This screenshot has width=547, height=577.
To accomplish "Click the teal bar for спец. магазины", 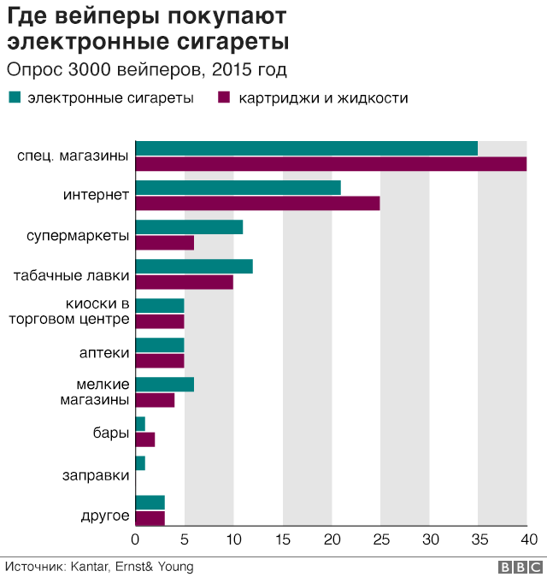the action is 307,148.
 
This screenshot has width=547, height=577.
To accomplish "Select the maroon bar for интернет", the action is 258,203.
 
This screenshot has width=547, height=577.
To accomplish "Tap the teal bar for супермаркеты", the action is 189,227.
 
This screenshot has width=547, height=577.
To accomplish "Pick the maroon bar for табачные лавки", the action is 185,282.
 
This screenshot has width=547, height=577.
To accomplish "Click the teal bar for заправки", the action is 140,463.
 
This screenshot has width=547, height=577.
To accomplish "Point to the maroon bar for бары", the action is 145,439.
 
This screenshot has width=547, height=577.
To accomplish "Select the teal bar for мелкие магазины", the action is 165,385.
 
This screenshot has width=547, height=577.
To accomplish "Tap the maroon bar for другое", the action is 150,519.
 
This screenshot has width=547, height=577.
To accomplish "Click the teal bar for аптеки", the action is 160,345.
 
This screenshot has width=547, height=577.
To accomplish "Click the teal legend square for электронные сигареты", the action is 15,97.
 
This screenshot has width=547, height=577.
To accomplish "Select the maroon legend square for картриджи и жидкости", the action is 224,97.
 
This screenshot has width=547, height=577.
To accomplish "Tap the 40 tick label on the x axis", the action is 529,539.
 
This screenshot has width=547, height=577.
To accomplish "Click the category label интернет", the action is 96,195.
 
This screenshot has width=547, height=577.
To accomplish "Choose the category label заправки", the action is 96,475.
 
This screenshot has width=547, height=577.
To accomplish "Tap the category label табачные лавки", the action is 71,275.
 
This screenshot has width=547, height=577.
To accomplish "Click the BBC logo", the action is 521,567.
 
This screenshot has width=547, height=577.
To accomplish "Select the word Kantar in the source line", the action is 90,567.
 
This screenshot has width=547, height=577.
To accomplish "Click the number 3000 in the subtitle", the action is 90,69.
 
